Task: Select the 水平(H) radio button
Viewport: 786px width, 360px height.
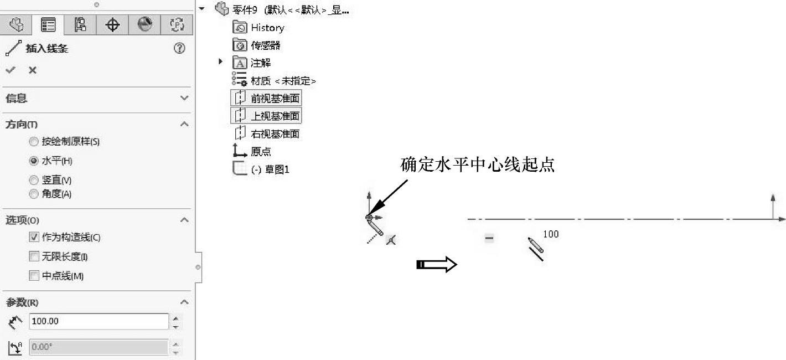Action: coord(34,161)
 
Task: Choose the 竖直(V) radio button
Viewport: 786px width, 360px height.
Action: coord(34,181)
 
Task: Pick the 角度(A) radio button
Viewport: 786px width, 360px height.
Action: coord(34,194)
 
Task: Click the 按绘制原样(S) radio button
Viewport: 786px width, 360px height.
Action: coord(34,142)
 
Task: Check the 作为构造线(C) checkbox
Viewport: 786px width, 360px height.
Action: coord(34,238)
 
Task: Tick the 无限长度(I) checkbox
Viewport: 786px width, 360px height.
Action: coord(34,257)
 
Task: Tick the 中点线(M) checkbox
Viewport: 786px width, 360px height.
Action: coord(34,276)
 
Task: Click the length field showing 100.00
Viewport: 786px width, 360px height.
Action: coord(99,321)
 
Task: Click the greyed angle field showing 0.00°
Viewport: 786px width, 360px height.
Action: coord(99,347)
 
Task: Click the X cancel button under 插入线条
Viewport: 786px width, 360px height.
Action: coord(33,70)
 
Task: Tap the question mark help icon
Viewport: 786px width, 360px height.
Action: coord(179,48)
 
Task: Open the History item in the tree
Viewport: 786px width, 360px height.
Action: coord(267,28)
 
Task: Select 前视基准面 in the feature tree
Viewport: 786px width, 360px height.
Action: coord(275,99)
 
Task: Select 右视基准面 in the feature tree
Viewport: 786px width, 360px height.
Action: coord(275,134)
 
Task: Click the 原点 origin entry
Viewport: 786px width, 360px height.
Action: coord(260,152)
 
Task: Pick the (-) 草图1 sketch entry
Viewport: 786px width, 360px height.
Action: coord(270,169)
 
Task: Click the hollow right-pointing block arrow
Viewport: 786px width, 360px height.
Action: coord(436,265)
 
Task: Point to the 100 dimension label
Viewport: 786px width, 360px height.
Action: coord(551,234)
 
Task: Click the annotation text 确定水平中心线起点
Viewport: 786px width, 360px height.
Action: coord(477,165)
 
